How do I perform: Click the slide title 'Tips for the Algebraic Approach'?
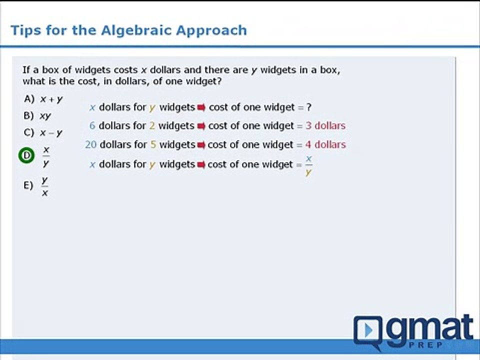[x=128, y=30]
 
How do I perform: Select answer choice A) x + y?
[x=43, y=99]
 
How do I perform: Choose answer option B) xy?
[x=38, y=116]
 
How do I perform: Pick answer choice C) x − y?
[x=43, y=133]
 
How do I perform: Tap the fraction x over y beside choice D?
[x=46, y=156]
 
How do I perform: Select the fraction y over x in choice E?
[x=45, y=186]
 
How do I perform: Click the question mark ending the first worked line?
[x=309, y=107]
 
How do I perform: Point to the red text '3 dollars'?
[x=325, y=126]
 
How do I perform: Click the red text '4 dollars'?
[x=325, y=145]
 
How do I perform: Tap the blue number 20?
[x=90, y=145]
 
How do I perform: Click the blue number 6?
[x=92, y=126]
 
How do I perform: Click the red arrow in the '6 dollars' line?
[x=201, y=126]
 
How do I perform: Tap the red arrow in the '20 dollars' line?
[x=201, y=145]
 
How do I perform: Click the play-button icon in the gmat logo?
[x=368, y=330]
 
